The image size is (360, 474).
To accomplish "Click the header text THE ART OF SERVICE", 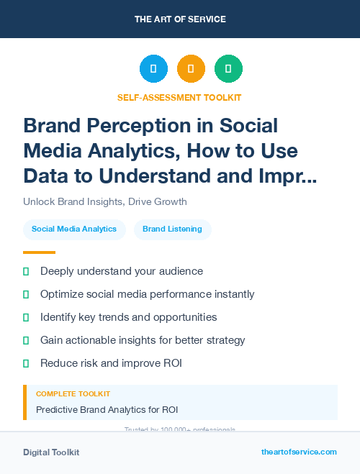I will (180, 19).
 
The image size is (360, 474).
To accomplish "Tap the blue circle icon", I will (153, 68).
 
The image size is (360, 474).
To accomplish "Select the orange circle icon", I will (191, 68).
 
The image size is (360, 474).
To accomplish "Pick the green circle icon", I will (228, 68).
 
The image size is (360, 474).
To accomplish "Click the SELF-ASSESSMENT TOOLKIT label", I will (179, 96).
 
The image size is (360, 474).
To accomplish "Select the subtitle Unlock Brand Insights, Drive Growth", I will (105, 201).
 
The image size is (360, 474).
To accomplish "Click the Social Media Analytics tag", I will (74, 229).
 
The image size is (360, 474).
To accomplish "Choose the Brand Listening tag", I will (173, 229).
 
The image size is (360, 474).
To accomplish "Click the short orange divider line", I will (39, 252).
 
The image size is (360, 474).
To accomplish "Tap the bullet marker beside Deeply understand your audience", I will (26, 272).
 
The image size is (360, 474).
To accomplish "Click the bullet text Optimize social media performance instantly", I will (147, 294).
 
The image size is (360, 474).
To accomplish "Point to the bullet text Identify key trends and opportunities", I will (128, 317).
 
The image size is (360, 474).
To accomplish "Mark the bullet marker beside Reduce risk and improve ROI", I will (26, 363).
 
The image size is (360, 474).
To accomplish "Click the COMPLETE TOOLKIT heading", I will (73, 394).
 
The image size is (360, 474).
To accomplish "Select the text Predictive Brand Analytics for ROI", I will (107, 410).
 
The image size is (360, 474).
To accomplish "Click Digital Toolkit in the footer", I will (51, 452).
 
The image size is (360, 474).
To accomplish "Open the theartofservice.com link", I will (299, 452).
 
